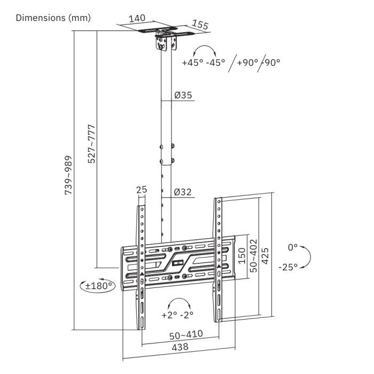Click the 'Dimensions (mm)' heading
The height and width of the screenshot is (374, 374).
tap(53, 18)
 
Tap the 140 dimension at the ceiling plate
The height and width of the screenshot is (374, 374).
tap(137, 18)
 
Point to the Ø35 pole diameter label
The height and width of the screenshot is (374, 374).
tap(183, 96)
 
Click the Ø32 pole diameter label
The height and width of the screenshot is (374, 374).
tap(183, 192)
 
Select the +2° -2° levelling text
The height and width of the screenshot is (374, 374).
tap(177, 315)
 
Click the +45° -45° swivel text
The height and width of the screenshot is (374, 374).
tap(203, 62)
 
